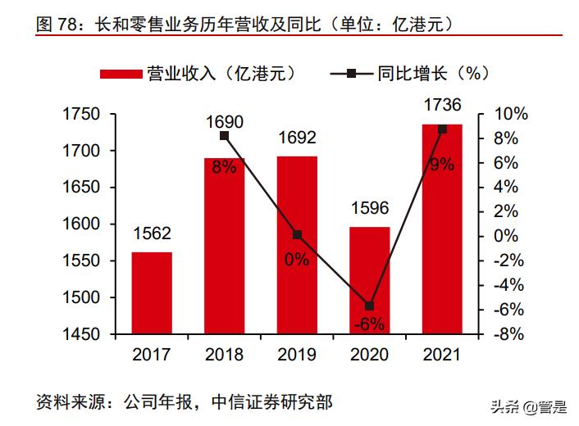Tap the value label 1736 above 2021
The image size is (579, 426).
[x=441, y=105]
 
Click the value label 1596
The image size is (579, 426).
[x=369, y=208]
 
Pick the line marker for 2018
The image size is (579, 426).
[x=225, y=136]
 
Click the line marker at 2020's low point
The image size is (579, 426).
[x=369, y=306]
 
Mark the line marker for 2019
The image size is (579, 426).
[x=297, y=235]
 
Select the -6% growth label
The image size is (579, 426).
[x=369, y=324]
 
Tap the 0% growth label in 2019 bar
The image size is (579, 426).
[x=297, y=260]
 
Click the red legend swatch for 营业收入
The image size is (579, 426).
[x=121, y=74]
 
